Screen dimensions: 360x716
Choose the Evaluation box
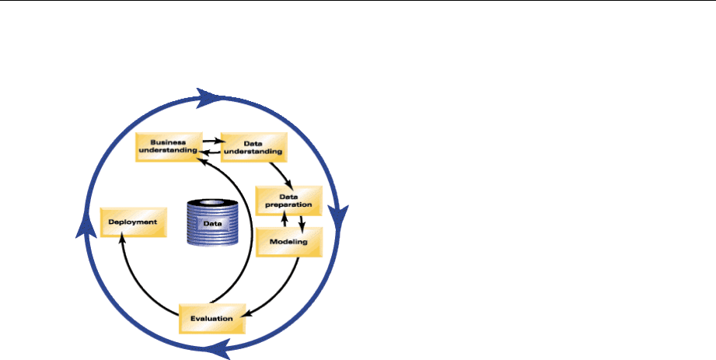(x=208, y=317)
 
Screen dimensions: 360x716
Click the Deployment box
(x=134, y=222)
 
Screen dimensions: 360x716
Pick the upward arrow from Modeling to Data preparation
(x=285, y=221)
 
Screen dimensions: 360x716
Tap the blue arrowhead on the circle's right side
(x=341, y=215)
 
